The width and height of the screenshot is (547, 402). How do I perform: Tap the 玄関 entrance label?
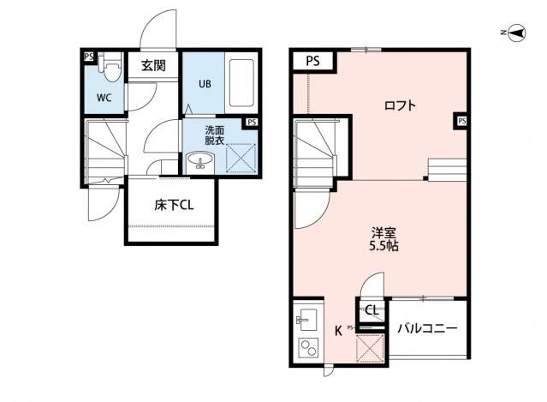tap(154, 66)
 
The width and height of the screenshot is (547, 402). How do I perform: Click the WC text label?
tap(104, 97)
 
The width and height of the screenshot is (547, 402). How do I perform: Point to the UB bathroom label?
tap(205, 84)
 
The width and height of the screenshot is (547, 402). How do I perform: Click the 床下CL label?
tap(173, 206)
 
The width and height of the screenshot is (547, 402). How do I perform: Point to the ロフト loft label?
tap(400, 105)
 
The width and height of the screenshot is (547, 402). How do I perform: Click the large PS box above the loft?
tap(313, 61)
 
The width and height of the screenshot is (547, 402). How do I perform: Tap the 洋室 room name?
tap(383, 231)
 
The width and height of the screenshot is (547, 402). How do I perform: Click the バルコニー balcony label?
tap(426, 328)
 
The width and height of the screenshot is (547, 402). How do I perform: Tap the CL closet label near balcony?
tap(372, 310)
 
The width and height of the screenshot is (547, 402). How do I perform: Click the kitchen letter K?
tap(338, 329)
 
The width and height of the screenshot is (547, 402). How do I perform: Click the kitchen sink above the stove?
tap(305, 321)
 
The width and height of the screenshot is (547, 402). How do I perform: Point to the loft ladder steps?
tap(447, 169)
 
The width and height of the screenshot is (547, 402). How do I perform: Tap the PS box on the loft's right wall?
tap(462, 121)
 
